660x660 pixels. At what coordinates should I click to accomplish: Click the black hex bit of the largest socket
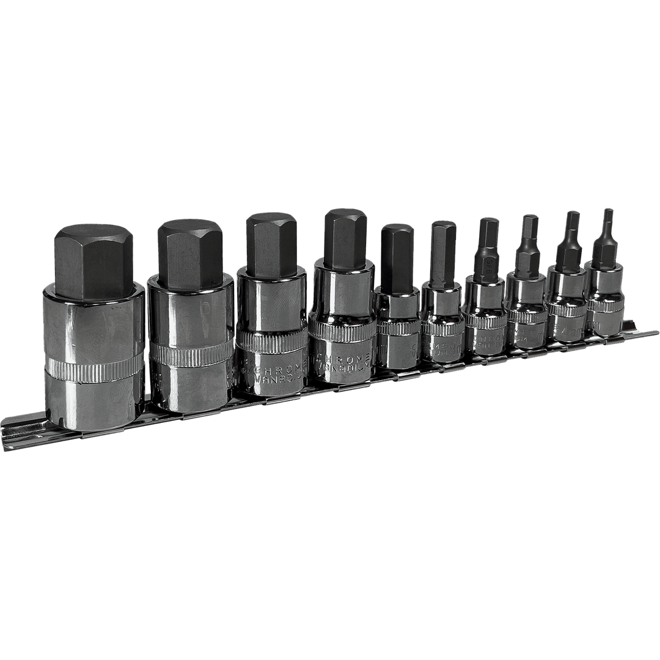[93, 263]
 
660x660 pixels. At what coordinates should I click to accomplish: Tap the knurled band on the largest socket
[95, 369]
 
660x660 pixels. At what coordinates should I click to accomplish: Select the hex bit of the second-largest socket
[189, 254]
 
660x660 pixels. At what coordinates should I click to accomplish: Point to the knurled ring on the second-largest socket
[191, 353]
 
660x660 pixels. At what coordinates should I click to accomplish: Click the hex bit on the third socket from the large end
[271, 244]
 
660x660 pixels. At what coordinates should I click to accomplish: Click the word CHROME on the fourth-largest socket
[342, 357]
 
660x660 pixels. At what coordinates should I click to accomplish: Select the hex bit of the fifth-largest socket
[397, 257]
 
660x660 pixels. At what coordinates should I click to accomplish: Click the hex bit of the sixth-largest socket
[442, 254]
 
